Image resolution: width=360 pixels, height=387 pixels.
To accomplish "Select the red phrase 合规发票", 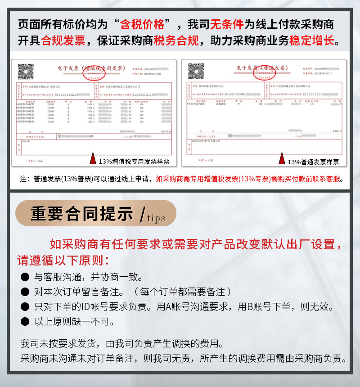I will (63, 41).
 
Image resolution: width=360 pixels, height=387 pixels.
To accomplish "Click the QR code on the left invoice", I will (26, 72).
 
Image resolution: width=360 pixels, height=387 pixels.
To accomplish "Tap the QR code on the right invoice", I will (196, 72).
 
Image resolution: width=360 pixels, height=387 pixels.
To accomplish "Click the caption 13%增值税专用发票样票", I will (134, 162).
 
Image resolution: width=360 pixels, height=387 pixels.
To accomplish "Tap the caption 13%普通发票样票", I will (313, 162).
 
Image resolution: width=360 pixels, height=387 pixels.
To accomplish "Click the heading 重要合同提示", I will (82, 214).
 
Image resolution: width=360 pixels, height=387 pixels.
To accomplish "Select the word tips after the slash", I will (156, 218).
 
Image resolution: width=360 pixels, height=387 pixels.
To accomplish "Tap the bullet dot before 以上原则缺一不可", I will (25, 322).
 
